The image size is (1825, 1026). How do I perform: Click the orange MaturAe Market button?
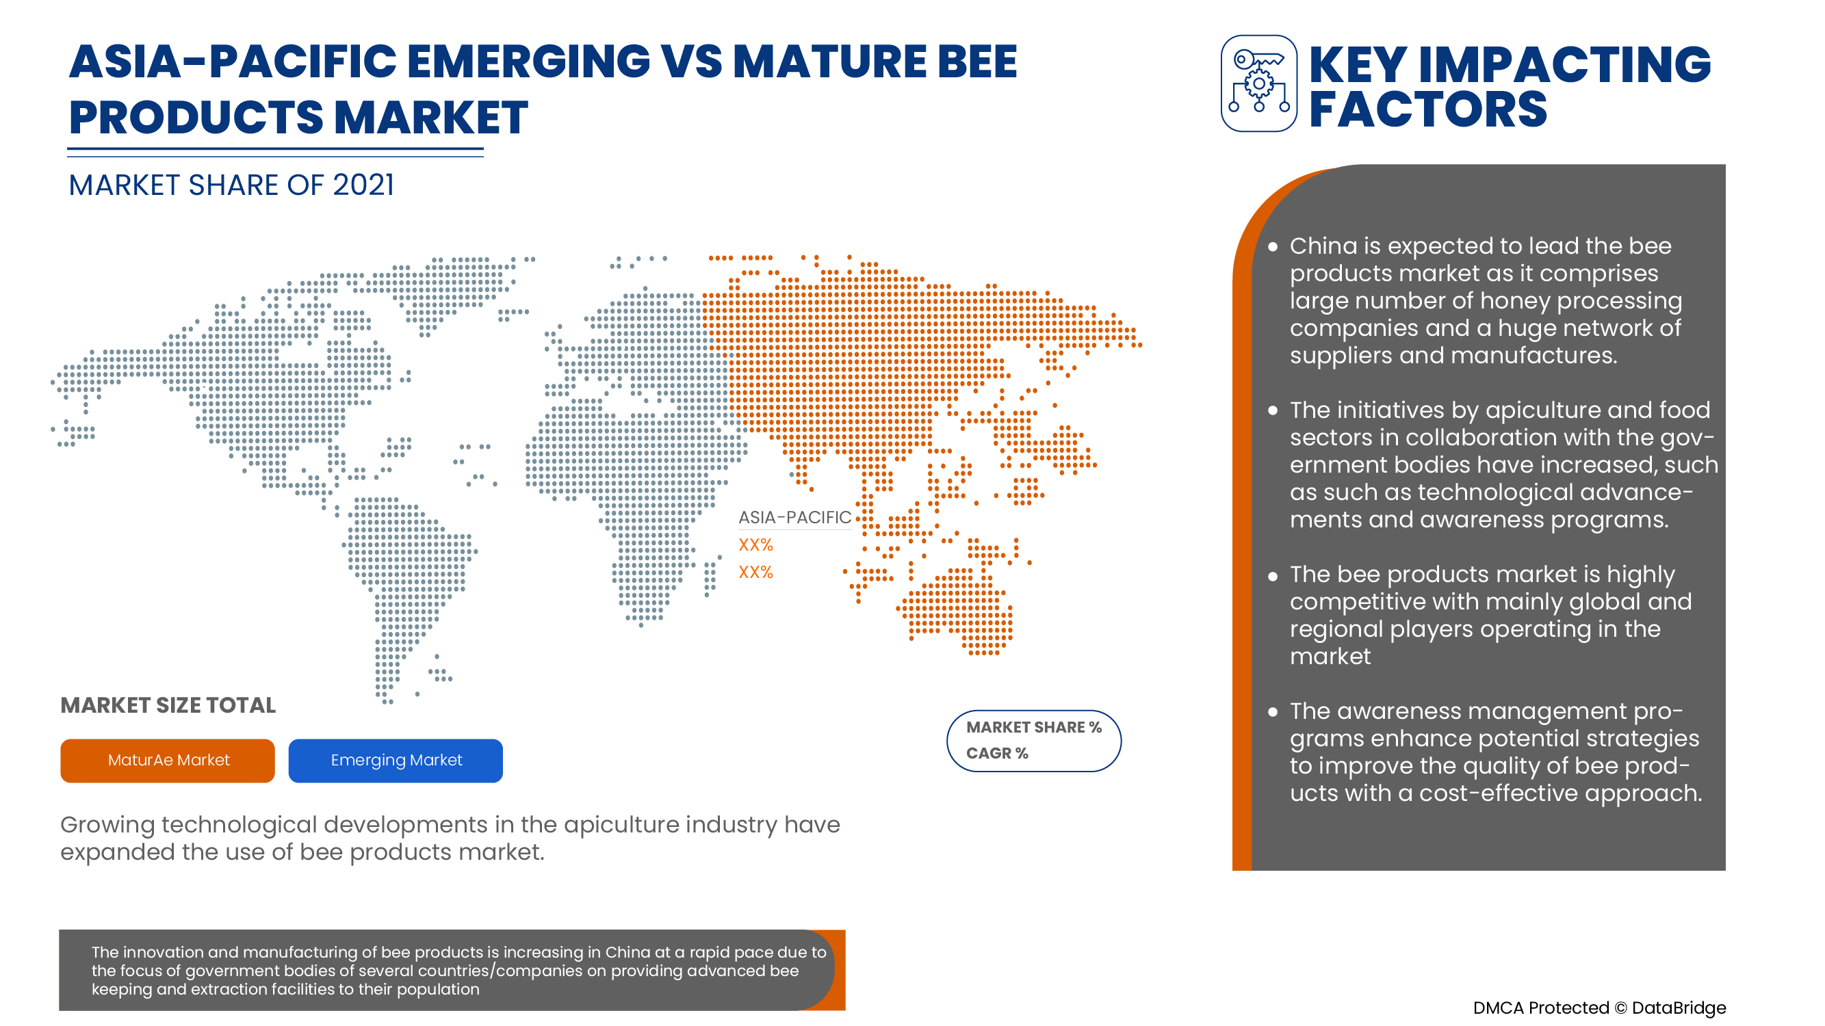click(167, 761)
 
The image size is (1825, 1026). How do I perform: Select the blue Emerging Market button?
click(396, 761)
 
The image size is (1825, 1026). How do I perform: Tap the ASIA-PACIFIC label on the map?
click(794, 518)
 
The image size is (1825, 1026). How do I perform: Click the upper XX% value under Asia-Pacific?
click(755, 544)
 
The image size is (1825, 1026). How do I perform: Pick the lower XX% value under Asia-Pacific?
click(755, 572)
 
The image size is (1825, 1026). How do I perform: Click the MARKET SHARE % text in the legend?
click(1034, 727)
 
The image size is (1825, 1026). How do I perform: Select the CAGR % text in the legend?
click(997, 753)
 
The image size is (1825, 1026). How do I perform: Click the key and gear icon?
click(1259, 83)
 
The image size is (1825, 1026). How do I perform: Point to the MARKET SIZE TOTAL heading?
click(168, 705)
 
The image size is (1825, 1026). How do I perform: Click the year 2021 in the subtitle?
click(363, 185)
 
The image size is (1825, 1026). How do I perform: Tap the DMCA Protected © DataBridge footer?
click(1599, 1008)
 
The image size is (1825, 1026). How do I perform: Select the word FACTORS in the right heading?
click(1427, 109)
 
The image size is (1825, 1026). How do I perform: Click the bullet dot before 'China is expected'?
click(1272, 247)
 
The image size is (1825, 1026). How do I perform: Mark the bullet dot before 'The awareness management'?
click(1272, 712)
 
